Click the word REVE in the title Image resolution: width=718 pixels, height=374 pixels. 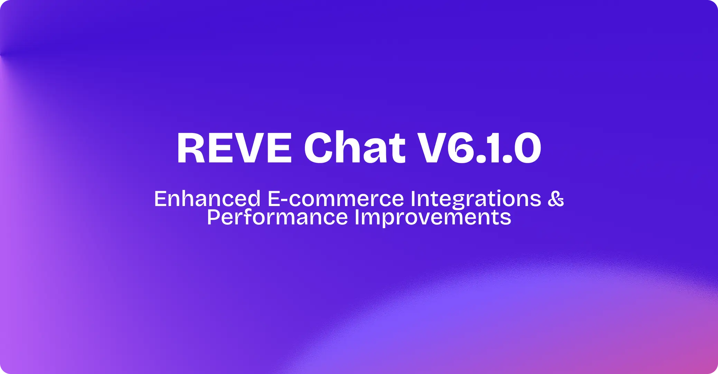click(x=234, y=148)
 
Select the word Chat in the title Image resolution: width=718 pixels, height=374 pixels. click(x=355, y=148)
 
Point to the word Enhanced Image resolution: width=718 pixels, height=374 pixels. click(x=207, y=199)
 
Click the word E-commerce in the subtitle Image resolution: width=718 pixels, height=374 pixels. click(x=336, y=199)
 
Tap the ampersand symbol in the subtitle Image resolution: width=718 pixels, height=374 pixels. click(x=556, y=199)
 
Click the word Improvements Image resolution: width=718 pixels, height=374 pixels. click(x=433, y=217)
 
